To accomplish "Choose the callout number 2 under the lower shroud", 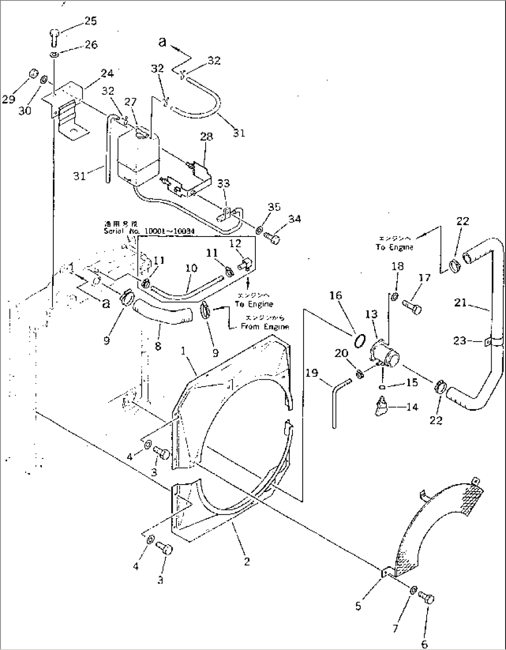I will [x=247, y=561].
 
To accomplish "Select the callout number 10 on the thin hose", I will [x=191, y=268].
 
